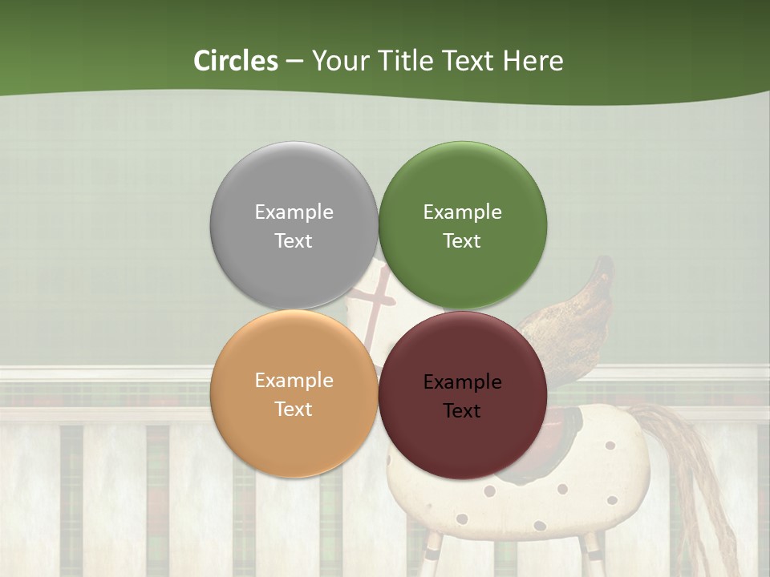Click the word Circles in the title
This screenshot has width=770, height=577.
[235, 61]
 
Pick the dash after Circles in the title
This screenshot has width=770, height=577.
[294, 62]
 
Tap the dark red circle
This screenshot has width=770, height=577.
[462, 441]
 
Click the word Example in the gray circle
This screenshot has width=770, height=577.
[294, 212]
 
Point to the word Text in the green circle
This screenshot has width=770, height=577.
[462, 240]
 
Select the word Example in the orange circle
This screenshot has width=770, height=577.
[294, 380]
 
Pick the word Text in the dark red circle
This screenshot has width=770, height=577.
[462, 410]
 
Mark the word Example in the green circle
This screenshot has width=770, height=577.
[462, 212]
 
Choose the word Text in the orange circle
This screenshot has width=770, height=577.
[294, 409]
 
